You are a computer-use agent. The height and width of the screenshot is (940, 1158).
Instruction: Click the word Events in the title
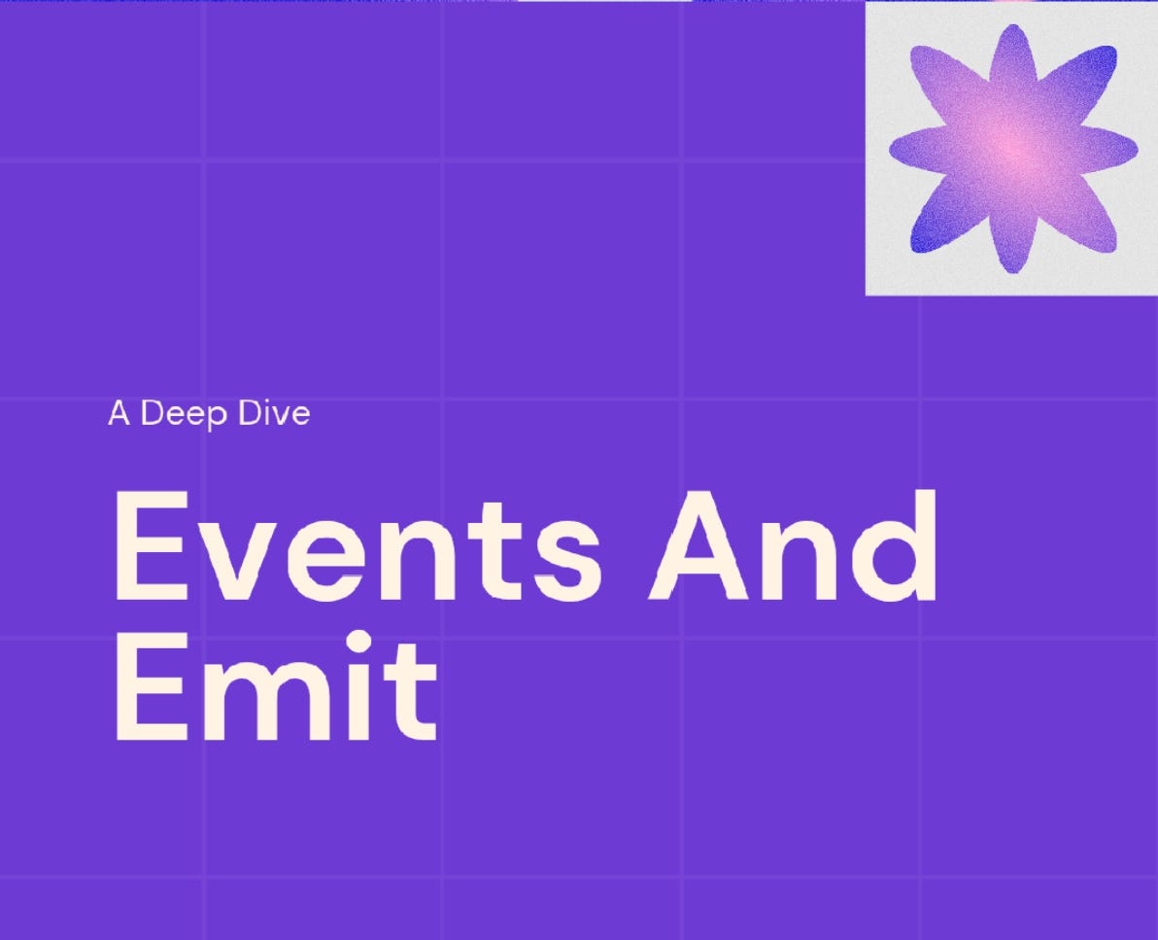tap(356, 547)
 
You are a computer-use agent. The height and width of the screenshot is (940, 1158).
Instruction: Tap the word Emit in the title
tap(275, 685)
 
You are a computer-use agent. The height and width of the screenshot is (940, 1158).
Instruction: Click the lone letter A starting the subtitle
tap(119, 414)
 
